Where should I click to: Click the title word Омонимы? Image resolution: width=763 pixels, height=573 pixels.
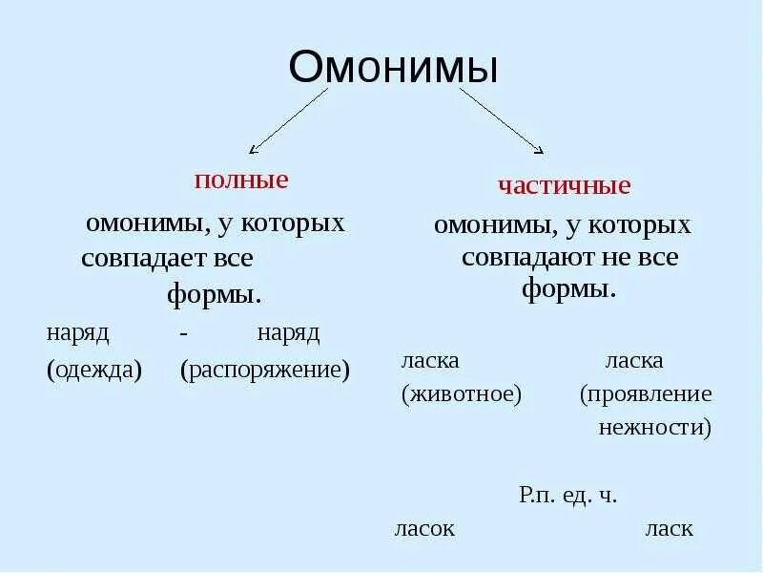[393, 70]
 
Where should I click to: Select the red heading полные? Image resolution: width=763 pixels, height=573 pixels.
[241, 180]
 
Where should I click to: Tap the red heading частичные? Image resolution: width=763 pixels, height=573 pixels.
[564, 184]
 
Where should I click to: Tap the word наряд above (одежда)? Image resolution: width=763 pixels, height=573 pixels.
[78, 333]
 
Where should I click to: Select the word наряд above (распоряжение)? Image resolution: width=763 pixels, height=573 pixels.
[288, 333]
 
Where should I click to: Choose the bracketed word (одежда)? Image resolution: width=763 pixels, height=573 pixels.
[94, 370]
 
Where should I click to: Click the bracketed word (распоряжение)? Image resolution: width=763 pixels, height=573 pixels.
[265, 370]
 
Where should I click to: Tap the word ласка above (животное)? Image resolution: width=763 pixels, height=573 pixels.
[431, 361]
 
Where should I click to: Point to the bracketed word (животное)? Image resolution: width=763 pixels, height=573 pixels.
[462, 394]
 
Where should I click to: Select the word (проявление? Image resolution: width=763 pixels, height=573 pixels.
[646, 394]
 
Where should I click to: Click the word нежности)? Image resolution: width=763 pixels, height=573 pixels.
[655, 427]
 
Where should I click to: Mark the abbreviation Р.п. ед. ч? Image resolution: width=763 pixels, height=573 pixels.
[568, 495]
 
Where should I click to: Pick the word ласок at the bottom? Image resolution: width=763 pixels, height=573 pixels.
[424, 528]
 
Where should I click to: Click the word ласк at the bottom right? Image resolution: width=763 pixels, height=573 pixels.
[669, 528]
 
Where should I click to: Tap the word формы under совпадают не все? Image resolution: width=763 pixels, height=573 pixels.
[568, 288]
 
